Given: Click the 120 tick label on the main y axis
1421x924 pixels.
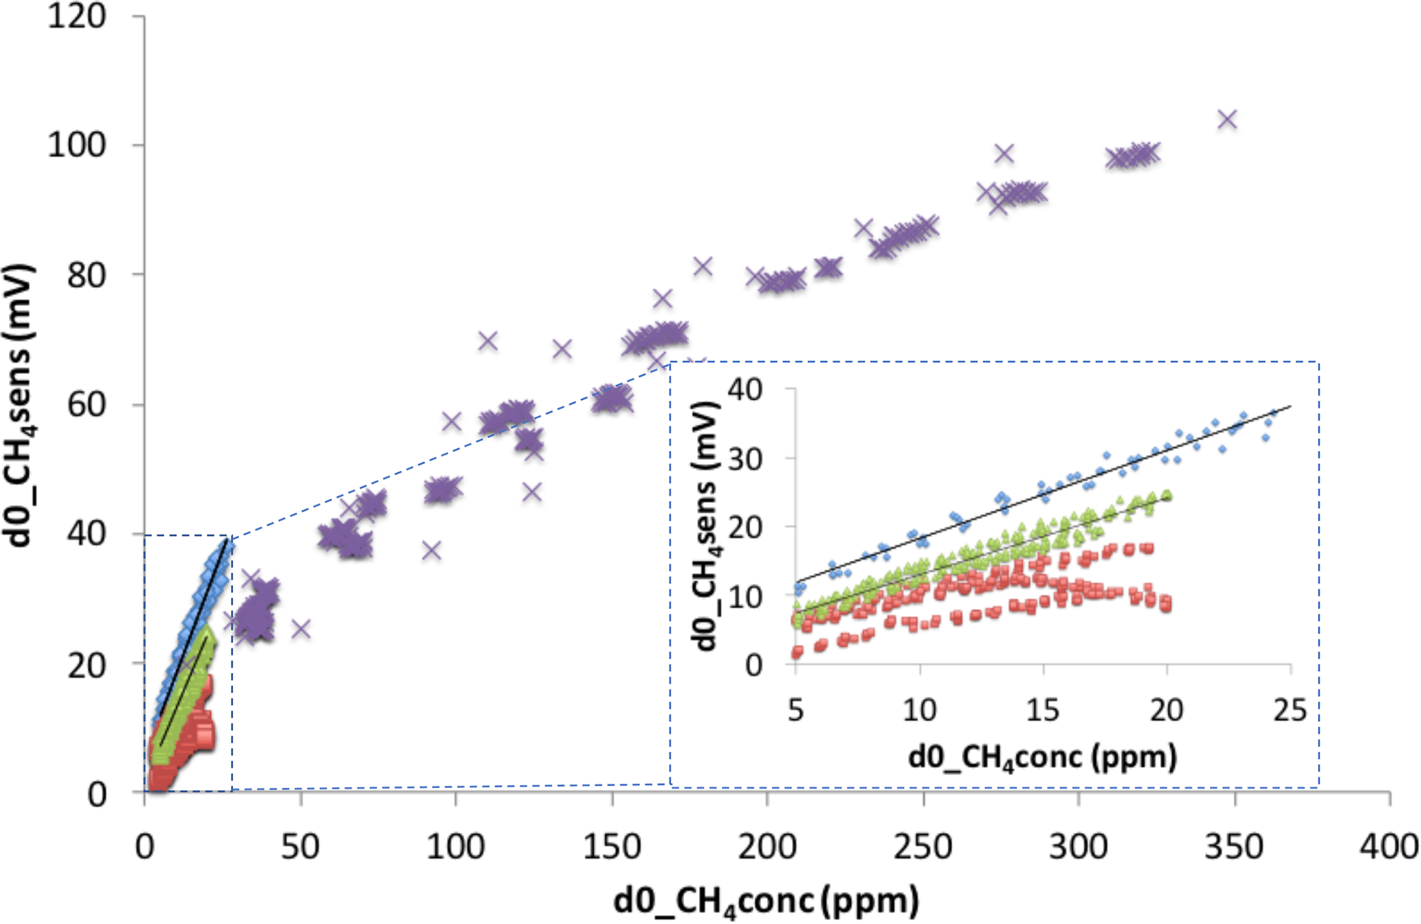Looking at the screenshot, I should tap(76, 16).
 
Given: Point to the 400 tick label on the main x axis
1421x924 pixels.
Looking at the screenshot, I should tap(1389, 847).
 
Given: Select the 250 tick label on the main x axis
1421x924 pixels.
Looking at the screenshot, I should tap(923, 847).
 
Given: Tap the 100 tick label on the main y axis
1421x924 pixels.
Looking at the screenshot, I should tap(76, 145).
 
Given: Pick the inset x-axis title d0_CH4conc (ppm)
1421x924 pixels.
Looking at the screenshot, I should tap(1042, 757).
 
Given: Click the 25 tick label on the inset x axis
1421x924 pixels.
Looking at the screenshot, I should tap(1290, 709).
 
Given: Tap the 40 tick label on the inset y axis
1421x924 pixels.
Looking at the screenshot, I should tap(745, 390).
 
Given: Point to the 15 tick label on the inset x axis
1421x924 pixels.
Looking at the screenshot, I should tap(1043, 709).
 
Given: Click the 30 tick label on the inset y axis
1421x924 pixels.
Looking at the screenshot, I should tap(745, 459).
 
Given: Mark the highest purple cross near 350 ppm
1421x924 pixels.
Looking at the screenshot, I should tap(1227, 120).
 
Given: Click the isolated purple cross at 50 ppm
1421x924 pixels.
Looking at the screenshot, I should tap(301, 628).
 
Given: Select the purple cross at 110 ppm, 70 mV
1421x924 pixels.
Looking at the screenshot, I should tap(487, 340).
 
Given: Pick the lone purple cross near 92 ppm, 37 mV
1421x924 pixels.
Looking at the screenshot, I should tap(431, 550).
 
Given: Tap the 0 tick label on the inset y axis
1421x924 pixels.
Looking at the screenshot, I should tap(753, 665).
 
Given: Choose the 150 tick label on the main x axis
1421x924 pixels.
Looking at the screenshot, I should tap(612, 847).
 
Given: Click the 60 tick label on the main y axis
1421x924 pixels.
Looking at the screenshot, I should tap(86, 404).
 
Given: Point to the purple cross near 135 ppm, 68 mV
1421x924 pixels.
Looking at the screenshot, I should tap(562, 349).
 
